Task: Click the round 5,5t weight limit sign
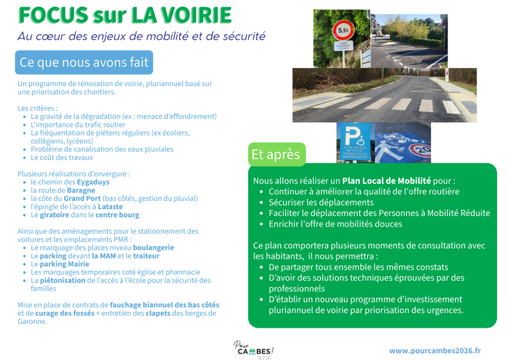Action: point(343,29)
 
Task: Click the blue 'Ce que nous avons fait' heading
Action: point(84,63)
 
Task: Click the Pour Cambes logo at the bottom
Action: point(253,349)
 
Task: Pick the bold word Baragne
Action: point(81,190)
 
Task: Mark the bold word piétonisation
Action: point(63,280)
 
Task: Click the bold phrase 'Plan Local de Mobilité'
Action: point(386,181)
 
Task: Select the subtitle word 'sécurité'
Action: point(237,36)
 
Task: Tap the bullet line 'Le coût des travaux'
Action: point(62,158)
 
